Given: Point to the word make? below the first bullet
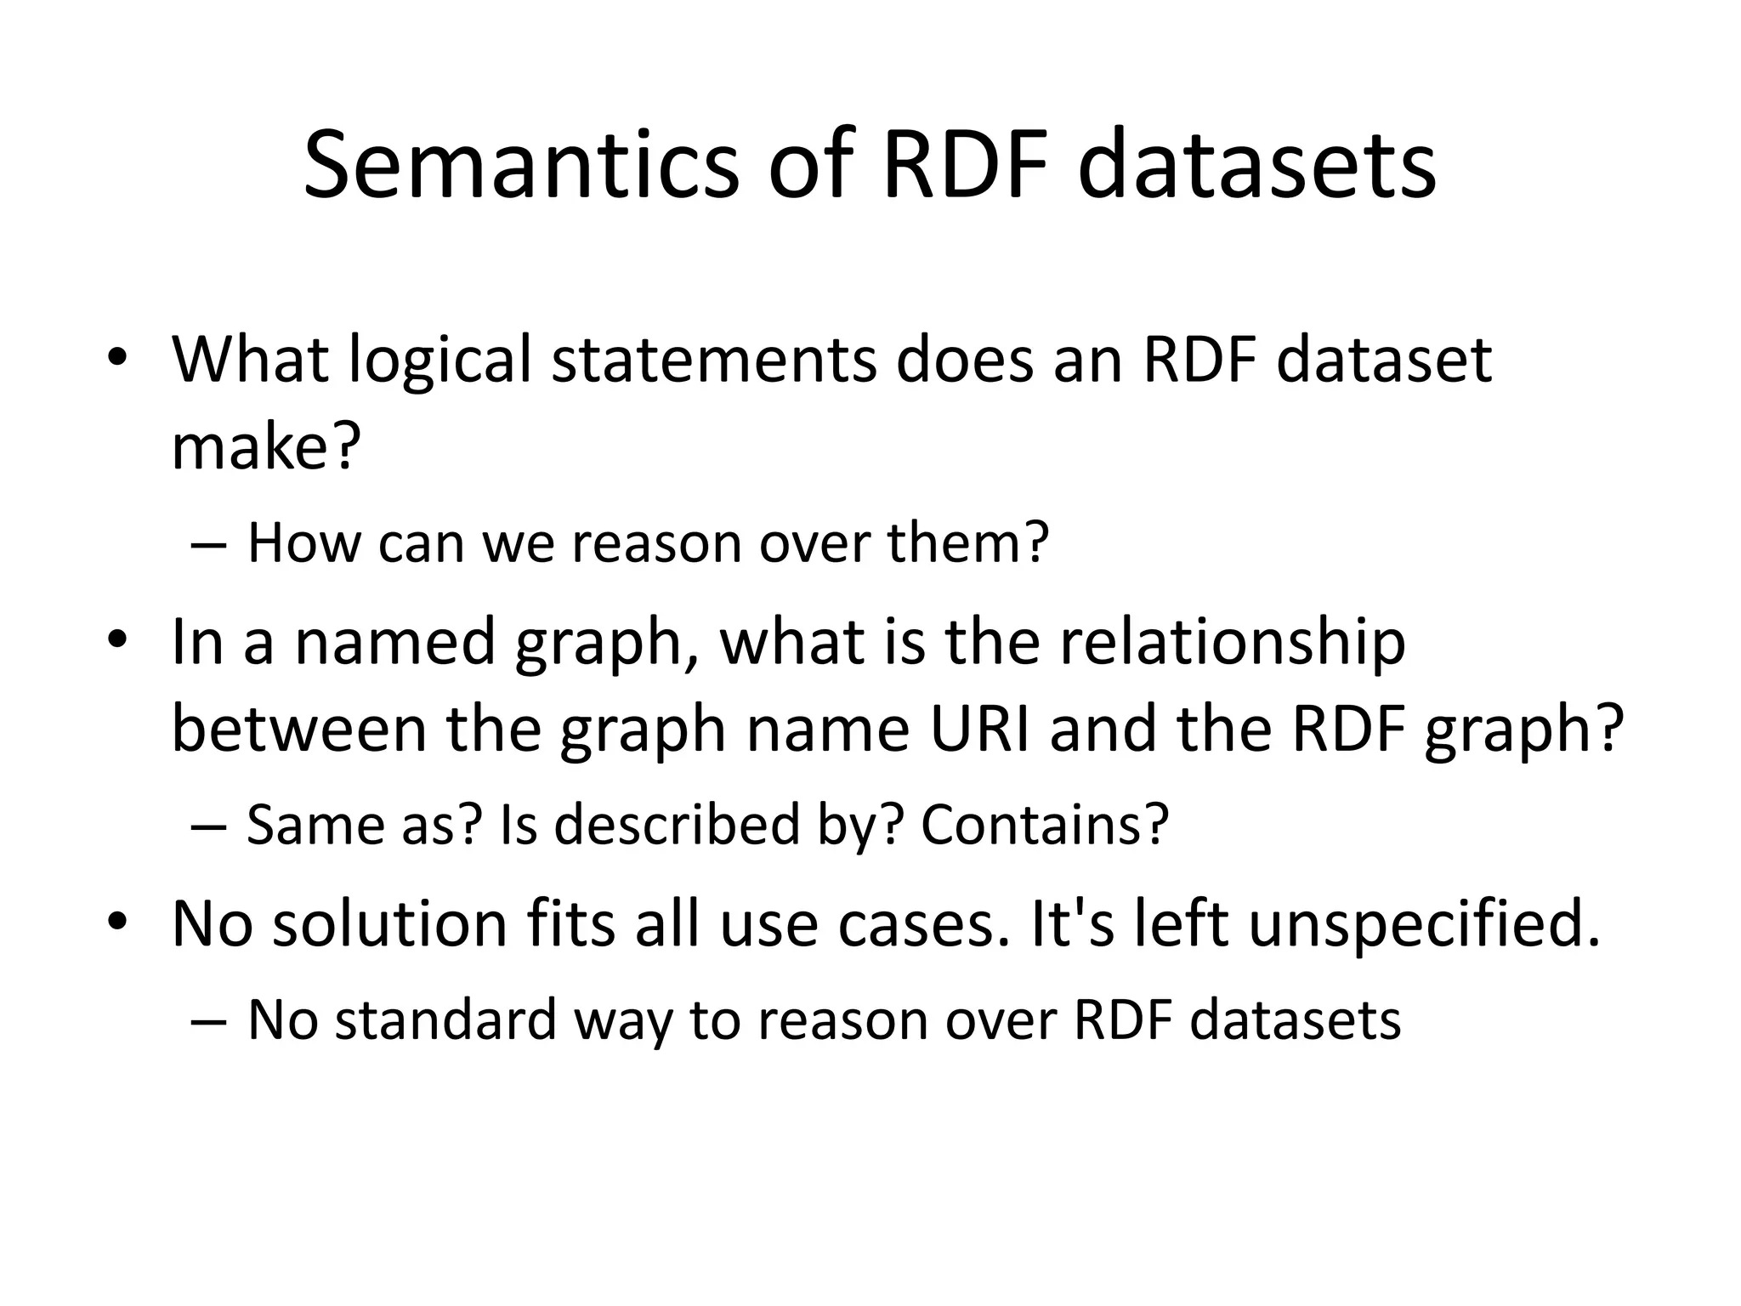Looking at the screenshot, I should point(266,447).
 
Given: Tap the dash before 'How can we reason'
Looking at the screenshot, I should point(209,544).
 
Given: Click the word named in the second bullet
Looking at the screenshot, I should point(394,642).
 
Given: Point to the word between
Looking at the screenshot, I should point(298,730).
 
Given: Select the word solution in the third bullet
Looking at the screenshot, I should point(388,923).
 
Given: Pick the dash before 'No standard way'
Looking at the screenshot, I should point(209,1021).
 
